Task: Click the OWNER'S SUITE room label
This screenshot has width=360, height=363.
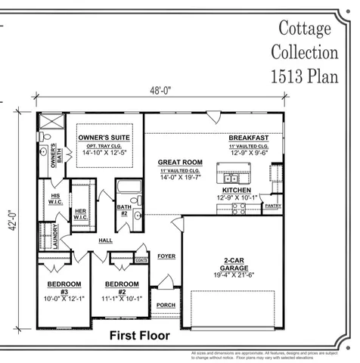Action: (x=104, y=138)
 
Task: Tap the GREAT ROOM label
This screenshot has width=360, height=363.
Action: (x=180, y=163)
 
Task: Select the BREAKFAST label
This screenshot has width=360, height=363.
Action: (x=249, y=138)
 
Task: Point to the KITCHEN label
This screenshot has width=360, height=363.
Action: (x=237, y=191)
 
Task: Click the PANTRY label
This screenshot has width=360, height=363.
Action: (x=273, y=205)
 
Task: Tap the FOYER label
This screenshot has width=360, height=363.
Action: (x=166, y=256)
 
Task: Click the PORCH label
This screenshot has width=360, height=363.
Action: (x=166, y=306)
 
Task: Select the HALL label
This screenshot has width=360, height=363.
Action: (x=106, y=241)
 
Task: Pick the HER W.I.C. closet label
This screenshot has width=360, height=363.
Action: (x=80, y=214)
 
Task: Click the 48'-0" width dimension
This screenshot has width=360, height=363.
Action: (x=161, y=91)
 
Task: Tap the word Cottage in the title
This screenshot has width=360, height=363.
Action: (x=305, y=29)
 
